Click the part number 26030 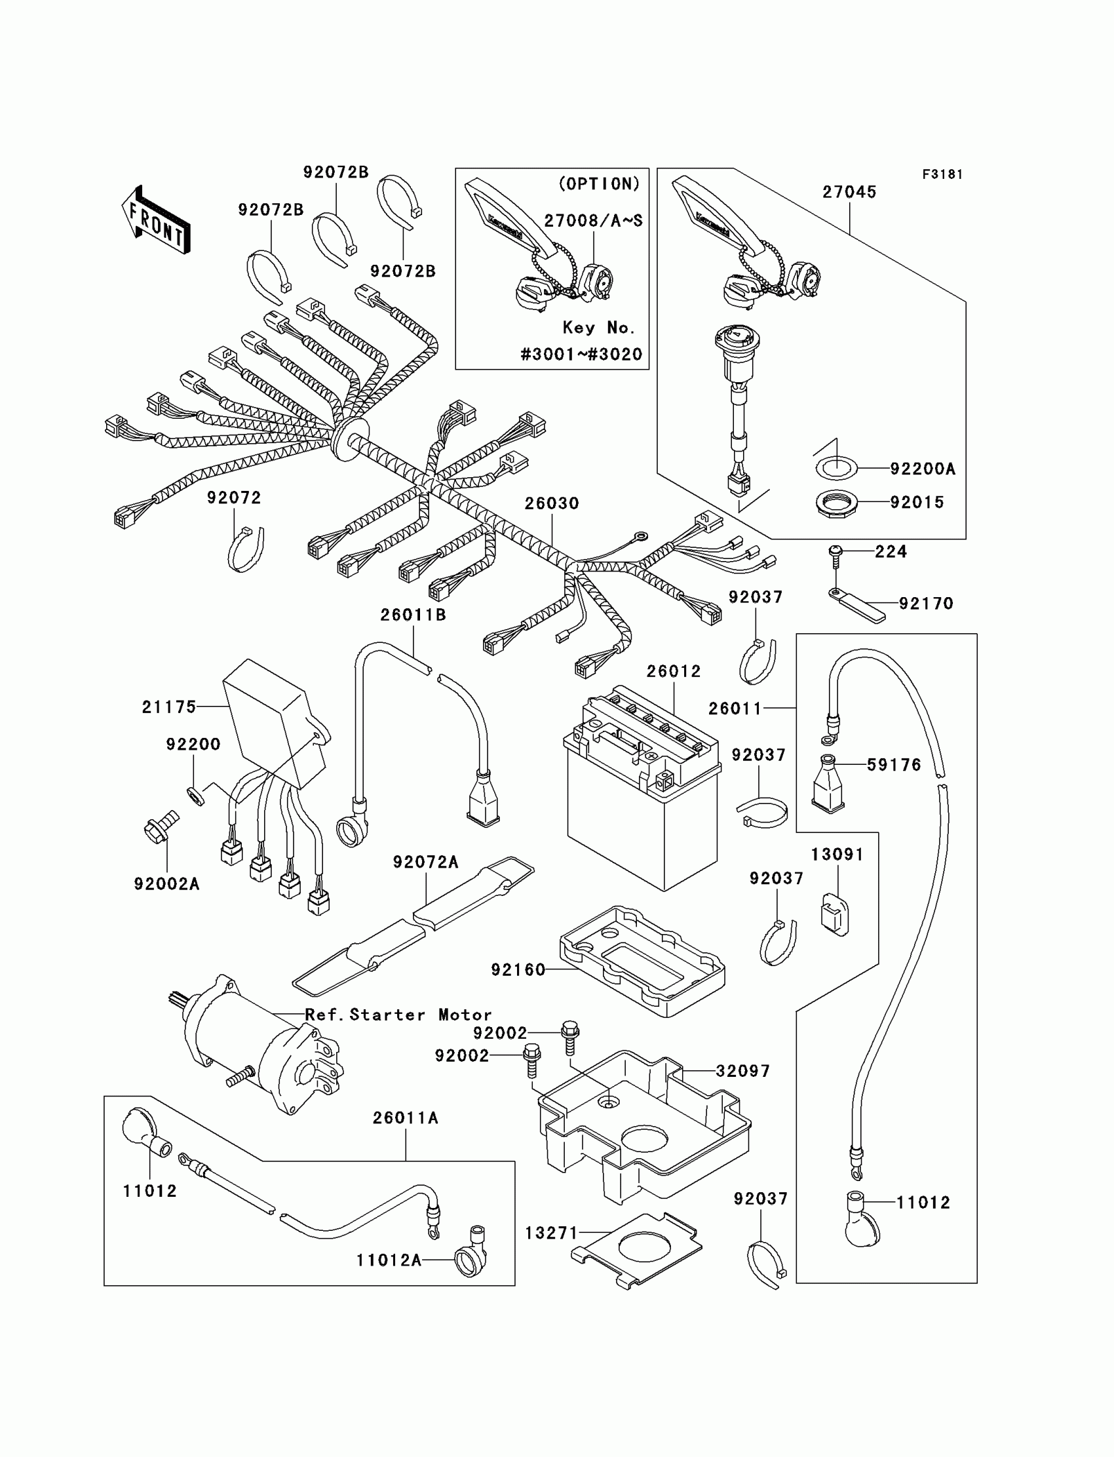552,504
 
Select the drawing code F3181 942,174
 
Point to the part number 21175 169,708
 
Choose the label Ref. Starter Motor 398,1015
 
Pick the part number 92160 518,970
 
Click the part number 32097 742,1071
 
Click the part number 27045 849,192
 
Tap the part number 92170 926,604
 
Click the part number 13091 837,855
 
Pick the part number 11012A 389,1260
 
